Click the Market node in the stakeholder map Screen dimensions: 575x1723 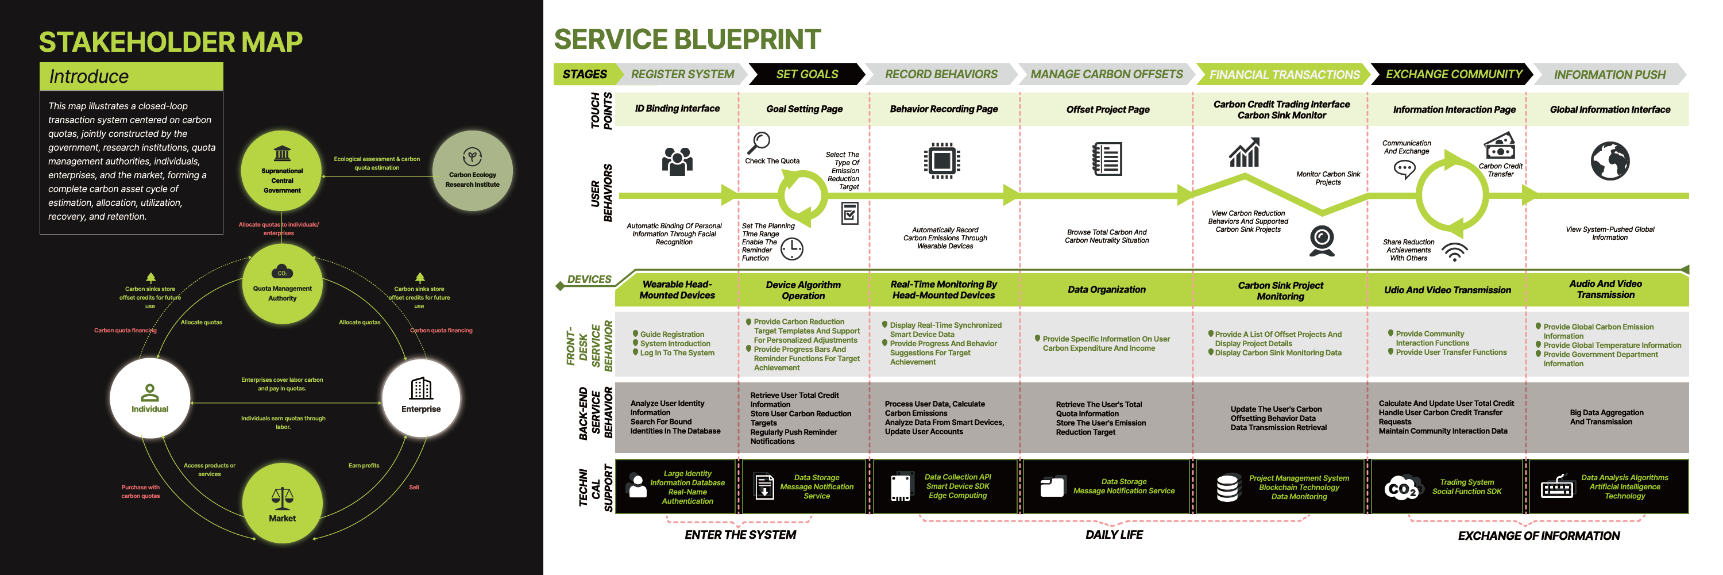point(281,503)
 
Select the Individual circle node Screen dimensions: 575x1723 point(150,399)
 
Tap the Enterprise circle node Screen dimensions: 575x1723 point(421,398)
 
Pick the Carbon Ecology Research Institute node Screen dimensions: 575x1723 point(472,171)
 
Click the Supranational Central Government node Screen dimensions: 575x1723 point(281,171)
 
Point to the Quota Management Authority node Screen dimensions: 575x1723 point(281,284)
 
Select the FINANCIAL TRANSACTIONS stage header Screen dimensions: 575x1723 point(1284,75)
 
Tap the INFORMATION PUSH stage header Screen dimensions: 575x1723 point(1609,75)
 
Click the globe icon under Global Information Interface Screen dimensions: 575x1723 point(1609,162)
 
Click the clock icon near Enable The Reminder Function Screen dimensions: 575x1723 point(792,249)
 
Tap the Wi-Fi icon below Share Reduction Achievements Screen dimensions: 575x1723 point(1455,252)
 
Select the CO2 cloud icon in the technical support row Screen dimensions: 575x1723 point(1401,488)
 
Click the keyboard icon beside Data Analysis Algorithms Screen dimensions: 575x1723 point(1557,486)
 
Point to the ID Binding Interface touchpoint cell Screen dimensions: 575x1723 point(677,109)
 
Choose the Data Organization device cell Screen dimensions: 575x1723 point(1106,290)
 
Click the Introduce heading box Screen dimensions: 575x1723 point(131,76)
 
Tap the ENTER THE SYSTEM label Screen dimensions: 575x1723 point(740,535)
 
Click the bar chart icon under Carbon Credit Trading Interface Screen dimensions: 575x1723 point(1244,154)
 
